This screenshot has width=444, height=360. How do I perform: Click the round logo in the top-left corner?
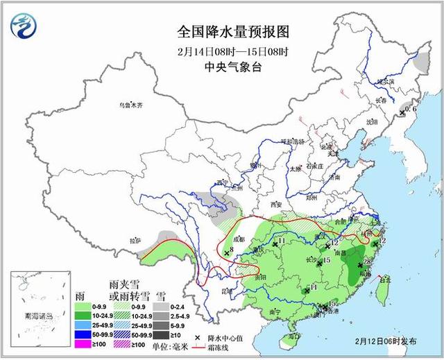[x=24, y=26]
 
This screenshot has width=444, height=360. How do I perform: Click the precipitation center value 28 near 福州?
[x=368, y=261]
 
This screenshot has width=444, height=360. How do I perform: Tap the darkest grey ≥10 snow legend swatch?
[x=162, y=335]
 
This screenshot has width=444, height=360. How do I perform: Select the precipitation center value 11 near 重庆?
[x=281, y=241]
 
